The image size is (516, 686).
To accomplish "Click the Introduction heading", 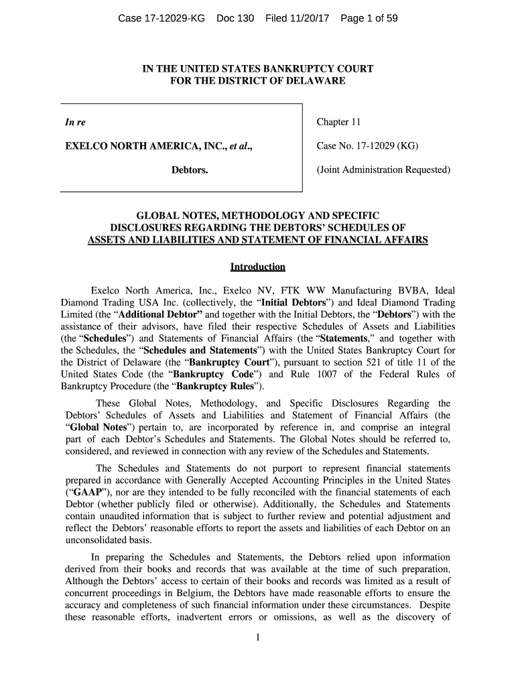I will (257, 267).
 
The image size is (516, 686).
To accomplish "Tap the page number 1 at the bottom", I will (257, 637).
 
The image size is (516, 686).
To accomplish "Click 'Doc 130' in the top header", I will (235, 19).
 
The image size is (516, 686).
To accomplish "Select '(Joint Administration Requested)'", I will (383, 170).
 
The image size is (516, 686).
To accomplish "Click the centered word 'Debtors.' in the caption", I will (190, 170).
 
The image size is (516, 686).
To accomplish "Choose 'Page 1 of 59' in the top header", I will (369, 19).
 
